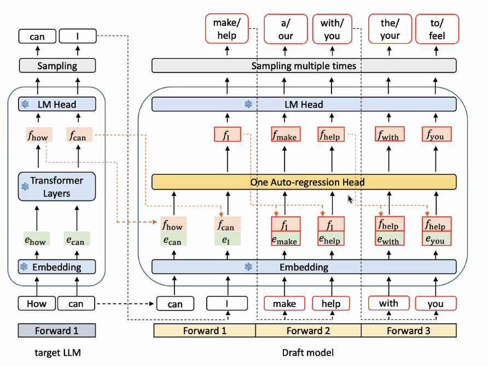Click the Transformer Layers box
pos(57,187)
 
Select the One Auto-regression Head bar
pos(304,182)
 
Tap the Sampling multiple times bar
pos(304,66)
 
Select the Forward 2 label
pos(308,330)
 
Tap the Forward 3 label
pos(408,330)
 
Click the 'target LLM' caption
pos(57,353)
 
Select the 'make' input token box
pos(284,304)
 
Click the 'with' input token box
pos(388,303)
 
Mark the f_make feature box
pos(284,134)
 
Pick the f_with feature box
pos(390,134)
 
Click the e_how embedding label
pos(37,239)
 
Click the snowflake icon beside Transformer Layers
pos(24,187)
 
